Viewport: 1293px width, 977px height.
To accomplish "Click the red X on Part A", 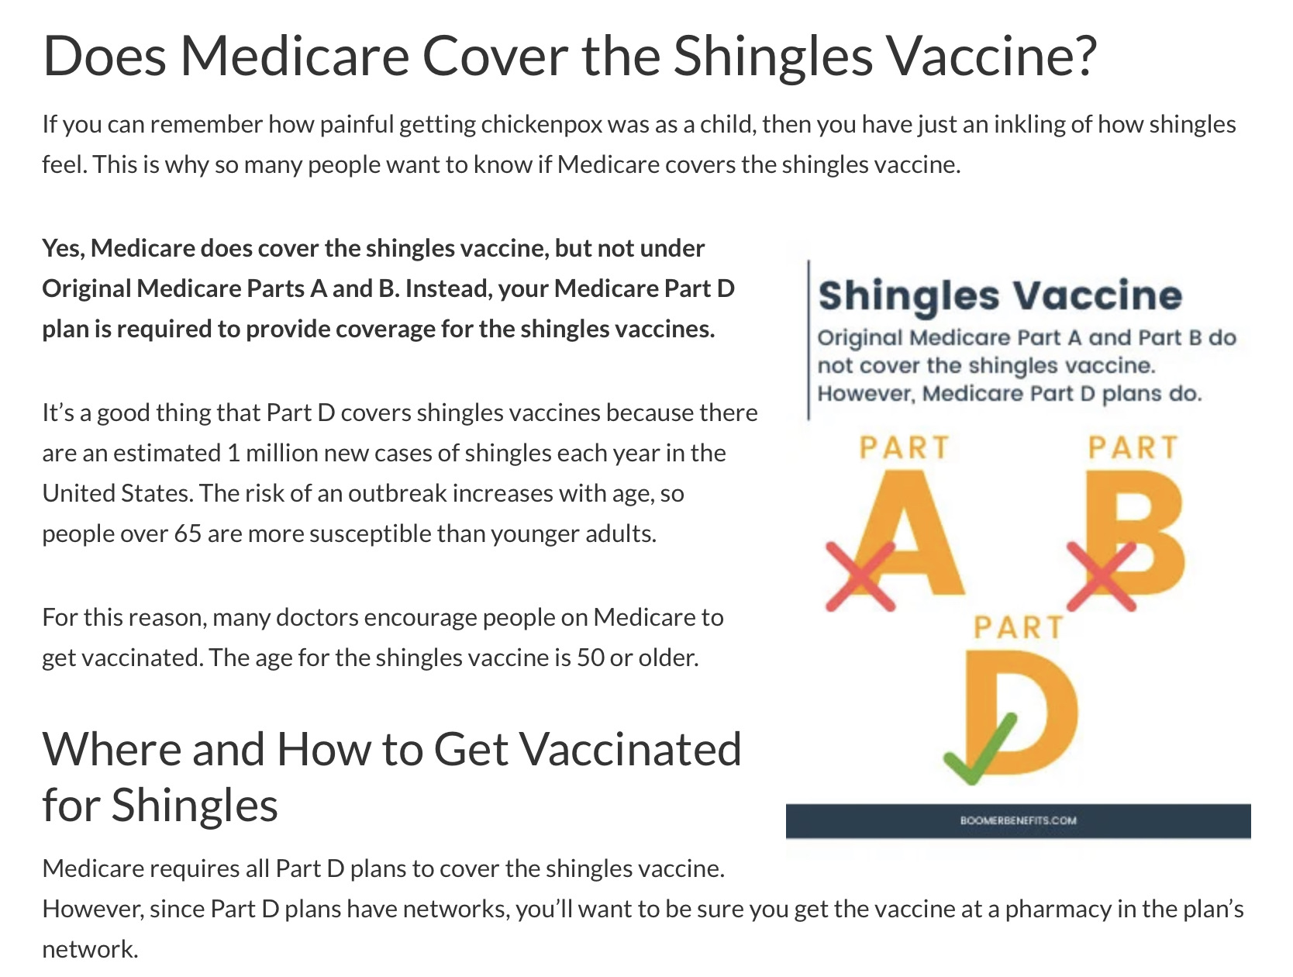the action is click(x=860, y=576).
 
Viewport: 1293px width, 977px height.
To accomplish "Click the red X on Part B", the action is click(x=1101, y=576).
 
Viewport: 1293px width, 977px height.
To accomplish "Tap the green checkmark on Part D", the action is click(x=980, y=748).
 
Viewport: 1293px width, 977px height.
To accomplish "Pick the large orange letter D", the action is click(x=1022, y=712).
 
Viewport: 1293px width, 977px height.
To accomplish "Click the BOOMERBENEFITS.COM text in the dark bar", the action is click(x=1018, y=820).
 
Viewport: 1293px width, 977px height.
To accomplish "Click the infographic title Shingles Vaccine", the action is click(x=1000, y=295).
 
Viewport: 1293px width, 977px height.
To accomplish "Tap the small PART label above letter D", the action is click(x=1019, y=627).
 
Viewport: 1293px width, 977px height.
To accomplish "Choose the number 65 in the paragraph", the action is click(x=188, y=534).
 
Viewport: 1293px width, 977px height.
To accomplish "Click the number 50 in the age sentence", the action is click(x=590, y=658).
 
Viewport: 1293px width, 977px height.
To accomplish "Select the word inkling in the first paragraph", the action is click(x=1029, y=125).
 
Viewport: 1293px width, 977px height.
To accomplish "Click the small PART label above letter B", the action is click(x=1133, y=447).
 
